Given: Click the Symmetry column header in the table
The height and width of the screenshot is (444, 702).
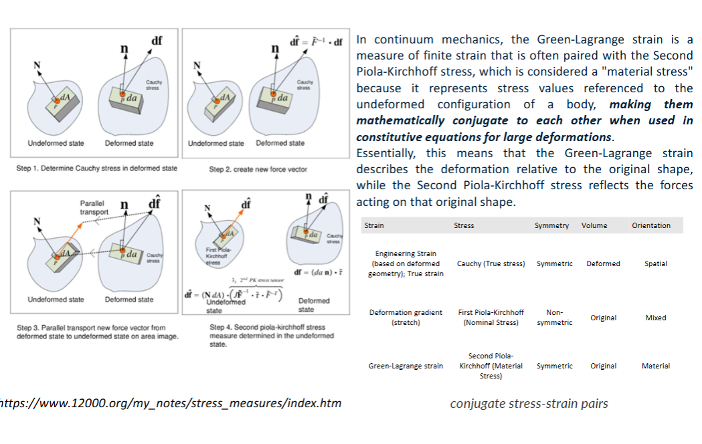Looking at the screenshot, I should pos(551,225).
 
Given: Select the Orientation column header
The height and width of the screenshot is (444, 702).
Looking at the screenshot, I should pos(650,225).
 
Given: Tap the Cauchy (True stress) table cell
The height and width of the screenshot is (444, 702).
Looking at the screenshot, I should pos(491,263).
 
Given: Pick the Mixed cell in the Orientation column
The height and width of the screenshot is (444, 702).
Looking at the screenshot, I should pos(655,318).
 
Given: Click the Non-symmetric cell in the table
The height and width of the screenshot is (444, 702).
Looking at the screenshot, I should pos(554,317).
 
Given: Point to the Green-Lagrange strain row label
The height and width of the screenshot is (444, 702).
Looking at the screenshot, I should pos(406,366).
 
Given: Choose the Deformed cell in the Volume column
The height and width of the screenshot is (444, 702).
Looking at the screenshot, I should pos(603,263).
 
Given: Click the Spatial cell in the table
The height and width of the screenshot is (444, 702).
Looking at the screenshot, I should pos(655,263).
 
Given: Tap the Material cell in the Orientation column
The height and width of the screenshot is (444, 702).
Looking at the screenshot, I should pos(655,366).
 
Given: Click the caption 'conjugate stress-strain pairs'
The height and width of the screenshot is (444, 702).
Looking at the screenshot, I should pos(529,403).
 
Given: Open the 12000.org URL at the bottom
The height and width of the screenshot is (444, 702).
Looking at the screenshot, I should pos(171,403).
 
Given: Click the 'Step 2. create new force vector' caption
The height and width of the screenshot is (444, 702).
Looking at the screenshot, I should pos(258,169).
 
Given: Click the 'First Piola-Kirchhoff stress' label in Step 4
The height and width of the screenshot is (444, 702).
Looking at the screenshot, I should pos(217,256).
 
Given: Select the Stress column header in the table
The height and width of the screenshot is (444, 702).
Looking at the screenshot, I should pos(463,225).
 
